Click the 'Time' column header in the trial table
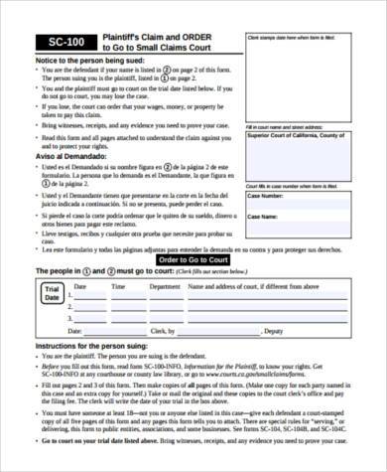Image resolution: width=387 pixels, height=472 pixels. point(122,285)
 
